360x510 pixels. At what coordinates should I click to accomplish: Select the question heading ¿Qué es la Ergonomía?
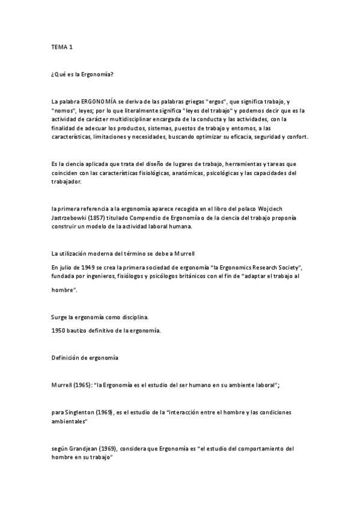click(x=82, y=74)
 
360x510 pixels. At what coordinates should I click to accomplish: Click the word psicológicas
click(x=225, y=173)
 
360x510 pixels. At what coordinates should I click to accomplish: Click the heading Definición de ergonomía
click(x=85, y=358)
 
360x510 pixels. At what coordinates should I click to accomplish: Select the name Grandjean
click(x=86, y=449)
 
